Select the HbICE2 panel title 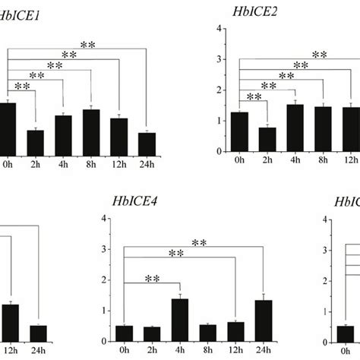[x=254, y=11]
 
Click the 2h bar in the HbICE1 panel [x=35, y=141]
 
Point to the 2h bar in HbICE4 [x=153, y=333]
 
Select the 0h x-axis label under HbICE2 [x=239, y=160]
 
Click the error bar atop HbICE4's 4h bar [x=181, y=297]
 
